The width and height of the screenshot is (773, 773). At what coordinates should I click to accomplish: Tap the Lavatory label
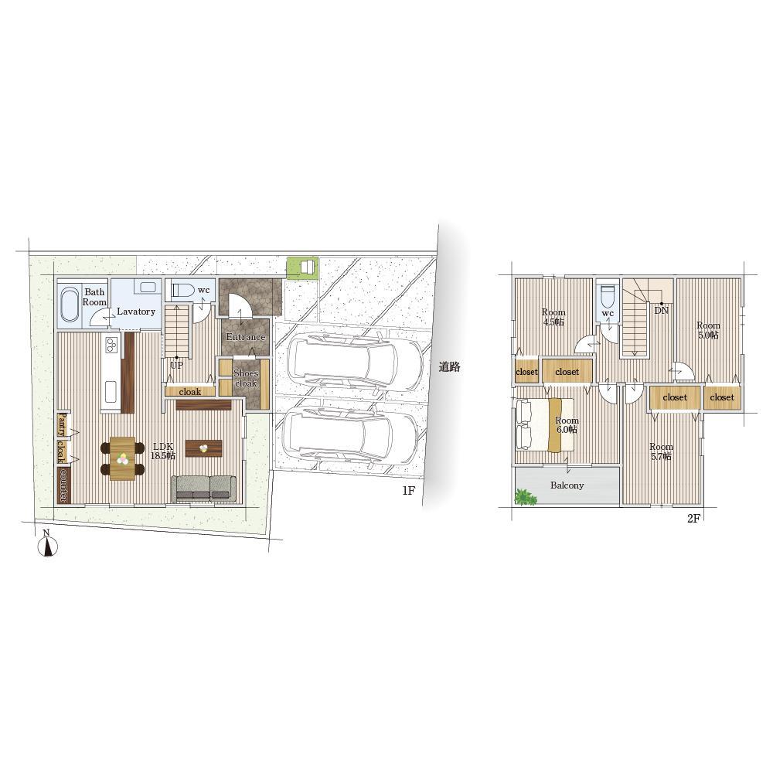[136, 312]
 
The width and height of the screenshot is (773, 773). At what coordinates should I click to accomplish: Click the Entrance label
[246, 337]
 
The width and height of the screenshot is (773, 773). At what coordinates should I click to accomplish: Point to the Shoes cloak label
[246, 378]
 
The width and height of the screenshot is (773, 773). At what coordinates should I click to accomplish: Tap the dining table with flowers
[122, 458]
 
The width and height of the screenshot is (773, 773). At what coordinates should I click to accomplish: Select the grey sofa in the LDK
[203, 489]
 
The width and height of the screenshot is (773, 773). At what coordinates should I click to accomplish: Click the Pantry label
[62, 424]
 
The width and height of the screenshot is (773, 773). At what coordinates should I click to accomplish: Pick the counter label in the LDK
[63, 485]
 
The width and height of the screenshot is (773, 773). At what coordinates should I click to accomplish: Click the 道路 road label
[450, 366]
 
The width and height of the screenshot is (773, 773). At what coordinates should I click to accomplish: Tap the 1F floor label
[409, 491]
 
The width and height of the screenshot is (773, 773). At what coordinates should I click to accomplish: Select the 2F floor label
[693, 518]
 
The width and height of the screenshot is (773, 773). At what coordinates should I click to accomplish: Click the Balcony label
[567, 485]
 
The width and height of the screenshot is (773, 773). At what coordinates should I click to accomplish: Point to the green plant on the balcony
[525, 497]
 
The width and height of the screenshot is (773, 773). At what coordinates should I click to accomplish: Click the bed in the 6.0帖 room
[544, 424]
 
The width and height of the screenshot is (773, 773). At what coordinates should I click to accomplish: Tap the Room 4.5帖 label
[553, 317]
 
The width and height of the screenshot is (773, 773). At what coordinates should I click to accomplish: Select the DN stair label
[662, 311]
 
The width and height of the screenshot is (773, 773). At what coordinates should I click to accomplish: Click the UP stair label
[176, 366]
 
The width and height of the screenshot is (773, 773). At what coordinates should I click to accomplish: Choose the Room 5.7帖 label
[661, 451]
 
